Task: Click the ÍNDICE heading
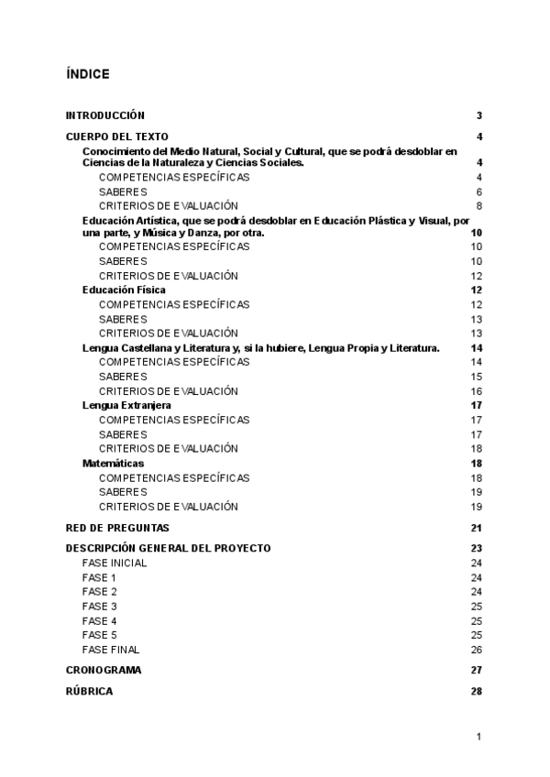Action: (x=88, y=73)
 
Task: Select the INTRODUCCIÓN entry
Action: (x=105, y=115)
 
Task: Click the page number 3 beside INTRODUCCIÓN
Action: (x=478, y=115)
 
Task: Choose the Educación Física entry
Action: (x=124, y=290)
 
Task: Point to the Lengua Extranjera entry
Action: (x=126, y=405)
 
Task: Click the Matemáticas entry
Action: (x=113, y=464)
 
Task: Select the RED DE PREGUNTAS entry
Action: (x=117, y=528)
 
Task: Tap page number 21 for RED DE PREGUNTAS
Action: (x=476, y=528)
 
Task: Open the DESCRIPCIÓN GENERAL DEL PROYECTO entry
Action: (x=168, y=548)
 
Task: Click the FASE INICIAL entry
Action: (x=114, y=563)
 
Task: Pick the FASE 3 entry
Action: (x=99, y=607)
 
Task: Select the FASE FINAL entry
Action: (x=111, y=650)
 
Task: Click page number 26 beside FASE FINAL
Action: (x=476, y=650)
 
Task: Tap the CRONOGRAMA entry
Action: (x=104, y=670)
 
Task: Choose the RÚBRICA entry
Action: (x=90, y=691)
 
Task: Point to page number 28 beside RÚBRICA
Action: (x=476, y=691)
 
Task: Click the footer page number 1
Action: (x=478, y=736)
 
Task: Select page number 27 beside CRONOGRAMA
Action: (x=476, y=670)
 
